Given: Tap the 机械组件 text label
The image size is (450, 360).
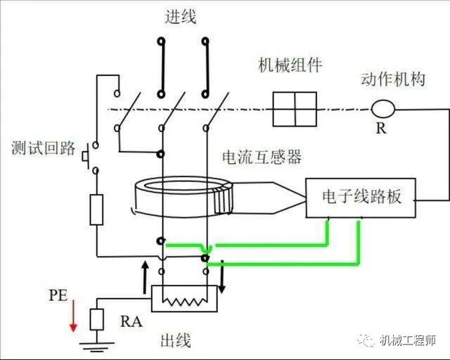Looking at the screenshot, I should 290,65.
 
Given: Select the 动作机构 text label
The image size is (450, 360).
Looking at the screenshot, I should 393,79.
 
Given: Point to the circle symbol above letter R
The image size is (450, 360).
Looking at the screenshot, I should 383,109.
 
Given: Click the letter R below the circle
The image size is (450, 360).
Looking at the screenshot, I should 380,129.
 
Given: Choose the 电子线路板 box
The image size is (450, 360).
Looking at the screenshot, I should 361,196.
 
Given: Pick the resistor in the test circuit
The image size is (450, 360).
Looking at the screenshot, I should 96,210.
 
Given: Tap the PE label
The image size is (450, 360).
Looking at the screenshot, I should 59,295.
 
